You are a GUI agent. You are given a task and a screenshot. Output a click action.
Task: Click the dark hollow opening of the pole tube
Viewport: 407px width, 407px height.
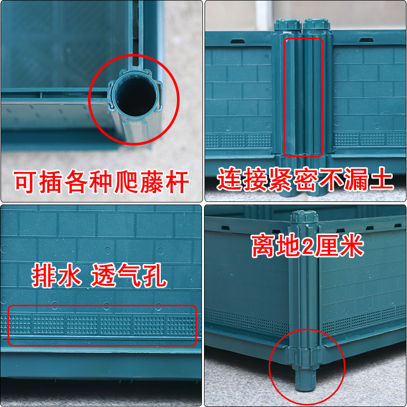point(136,97)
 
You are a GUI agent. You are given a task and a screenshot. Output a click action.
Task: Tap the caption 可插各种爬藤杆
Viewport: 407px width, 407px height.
point(101,182)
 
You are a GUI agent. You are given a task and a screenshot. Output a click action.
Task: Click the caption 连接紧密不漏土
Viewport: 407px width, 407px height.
point(305,180)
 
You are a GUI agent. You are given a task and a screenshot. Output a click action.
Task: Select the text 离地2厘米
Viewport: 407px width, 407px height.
point(307,245)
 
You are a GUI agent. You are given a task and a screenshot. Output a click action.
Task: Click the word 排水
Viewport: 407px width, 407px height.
point(56,276)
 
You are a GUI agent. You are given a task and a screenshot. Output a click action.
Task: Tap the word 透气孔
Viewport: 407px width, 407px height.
point(129,276)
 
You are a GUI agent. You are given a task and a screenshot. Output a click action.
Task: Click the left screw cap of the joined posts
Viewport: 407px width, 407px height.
point(287,24)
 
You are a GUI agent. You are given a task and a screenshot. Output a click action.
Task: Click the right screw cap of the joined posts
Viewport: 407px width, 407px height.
point(316,24)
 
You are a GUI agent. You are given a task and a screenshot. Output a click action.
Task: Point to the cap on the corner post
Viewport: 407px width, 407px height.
point(304,217)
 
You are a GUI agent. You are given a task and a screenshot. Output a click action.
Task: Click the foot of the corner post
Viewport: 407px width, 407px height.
point(305,380)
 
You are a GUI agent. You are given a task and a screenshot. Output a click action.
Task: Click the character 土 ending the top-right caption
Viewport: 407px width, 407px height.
point(382,180)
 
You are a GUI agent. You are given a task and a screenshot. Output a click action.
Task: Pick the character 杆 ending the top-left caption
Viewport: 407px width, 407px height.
point(178,182)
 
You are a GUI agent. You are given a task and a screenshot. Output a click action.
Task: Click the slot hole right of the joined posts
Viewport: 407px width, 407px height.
point(366,41)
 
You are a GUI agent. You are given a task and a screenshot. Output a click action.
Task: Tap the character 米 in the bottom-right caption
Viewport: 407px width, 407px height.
point(352,245)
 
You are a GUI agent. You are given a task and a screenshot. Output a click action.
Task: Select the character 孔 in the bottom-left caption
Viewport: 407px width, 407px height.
point(155,276)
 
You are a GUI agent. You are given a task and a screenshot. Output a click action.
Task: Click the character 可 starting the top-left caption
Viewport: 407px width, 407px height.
point(25,182)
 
